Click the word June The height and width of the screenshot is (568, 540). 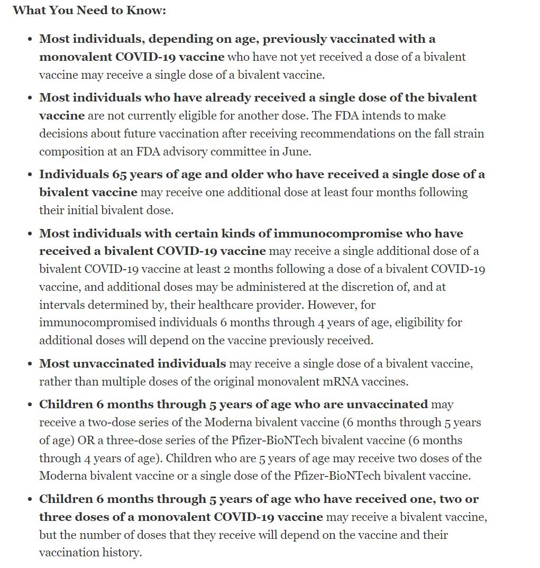[x=298, y=151]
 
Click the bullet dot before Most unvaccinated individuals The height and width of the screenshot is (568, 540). [x=29, y=364]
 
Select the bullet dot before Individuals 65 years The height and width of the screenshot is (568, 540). [x=29, y=175]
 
